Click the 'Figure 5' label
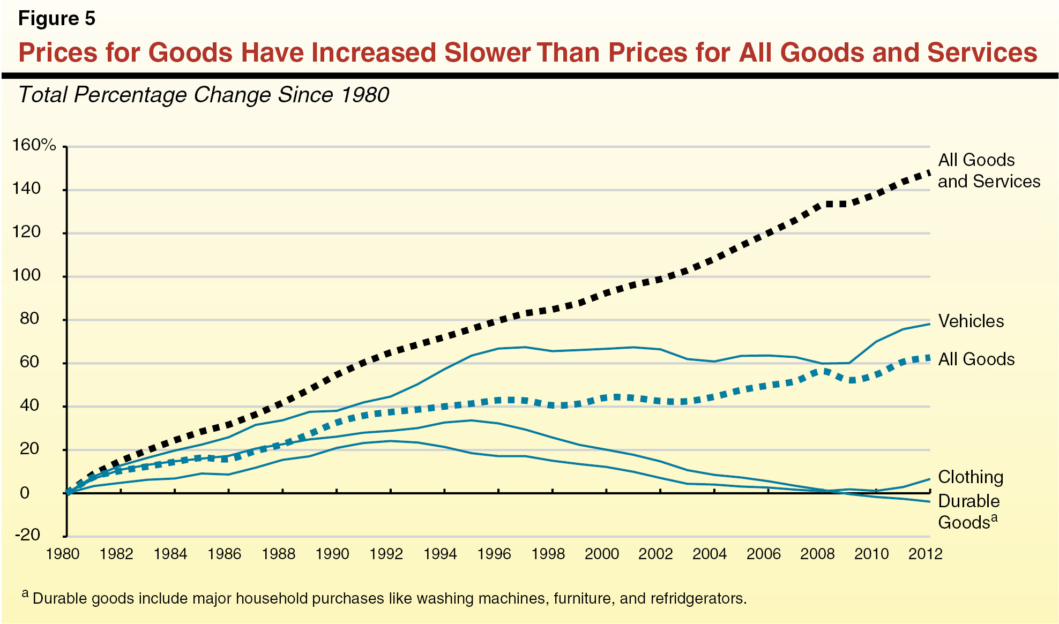[x=56, y=19]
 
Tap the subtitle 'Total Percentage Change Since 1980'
[x=204, y=95]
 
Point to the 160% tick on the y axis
[x=34, y=145]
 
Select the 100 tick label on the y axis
[x=27, y=275]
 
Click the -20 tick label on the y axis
[x=27, y=535]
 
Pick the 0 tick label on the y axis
[x=25, y=492]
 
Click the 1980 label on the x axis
[x=63, y=554]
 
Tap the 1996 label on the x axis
[x=494, y=554]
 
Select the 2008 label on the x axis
[x=817, y=554]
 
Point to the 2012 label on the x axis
[x=925, y=554]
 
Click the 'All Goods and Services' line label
[x=988, y=170]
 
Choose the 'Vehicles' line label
[x=971, y=321]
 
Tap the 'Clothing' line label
[x=970, y=477]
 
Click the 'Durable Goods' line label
[x=968, y=511]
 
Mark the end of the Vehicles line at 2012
[x=929, y=324]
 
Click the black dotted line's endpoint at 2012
[x=929, y=172]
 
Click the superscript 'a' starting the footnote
[x=25, y=593]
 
